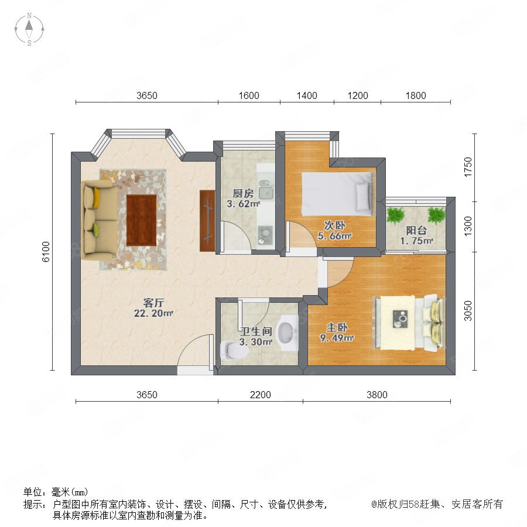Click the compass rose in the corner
[x=29, y=29]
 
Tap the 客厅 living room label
[x=153, y=303]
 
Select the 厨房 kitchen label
[x=243, y=193]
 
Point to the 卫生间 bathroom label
[x=256, y=331]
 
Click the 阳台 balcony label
[x=416, y=230]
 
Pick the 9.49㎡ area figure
[x=337, y=338]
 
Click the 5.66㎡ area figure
[x=335, y=236]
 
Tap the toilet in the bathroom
[x=234, y=350]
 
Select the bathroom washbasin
[x=287, y=333]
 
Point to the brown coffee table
[x=142, y=220]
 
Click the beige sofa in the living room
[x=100, y=220]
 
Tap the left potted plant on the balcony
[x=395, y=215]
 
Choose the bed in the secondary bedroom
[x=337, y=194]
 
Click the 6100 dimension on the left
[x=46, y=251]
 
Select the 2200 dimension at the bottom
[x=261, y=395]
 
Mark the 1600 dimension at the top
[x=249, y=96]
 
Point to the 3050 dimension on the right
[x=468, y=311]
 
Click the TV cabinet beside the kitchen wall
[x=207, y=221]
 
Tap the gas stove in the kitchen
[x=265, y=235]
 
